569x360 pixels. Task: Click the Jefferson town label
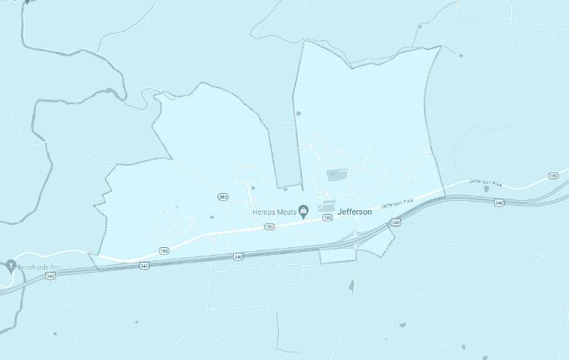[x=355, y=212]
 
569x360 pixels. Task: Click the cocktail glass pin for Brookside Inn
[x=11, y=266]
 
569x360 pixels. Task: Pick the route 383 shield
[x=222, y=197]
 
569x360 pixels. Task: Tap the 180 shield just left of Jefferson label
[x=327, y=219]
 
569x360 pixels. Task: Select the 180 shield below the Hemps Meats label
[x=269, y=227]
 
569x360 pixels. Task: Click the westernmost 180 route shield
[x=164, y=251]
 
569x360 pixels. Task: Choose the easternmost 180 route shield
[x=554, y=176]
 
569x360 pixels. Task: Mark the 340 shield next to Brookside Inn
[x=51, y=275]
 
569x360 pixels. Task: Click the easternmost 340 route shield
[x=500, y=202]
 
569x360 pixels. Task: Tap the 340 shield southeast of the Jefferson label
[x=396, y=222]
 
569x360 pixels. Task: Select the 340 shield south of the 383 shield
[x=238, y=256]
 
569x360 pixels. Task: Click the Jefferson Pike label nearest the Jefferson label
[x=397, y=204]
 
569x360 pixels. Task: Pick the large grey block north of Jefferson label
[x=337, y=175]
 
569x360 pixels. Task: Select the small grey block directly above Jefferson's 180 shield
[x=327, y=208]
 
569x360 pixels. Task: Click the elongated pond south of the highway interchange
[x=351, y=286]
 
